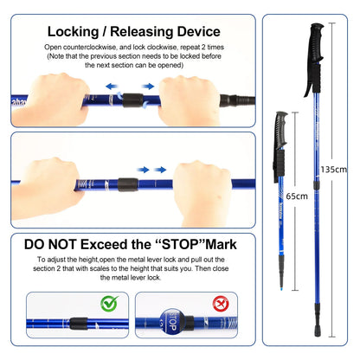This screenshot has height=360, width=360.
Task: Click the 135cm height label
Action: pyautogui.click(x=334, y=170)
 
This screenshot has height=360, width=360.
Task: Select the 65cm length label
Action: pyautogui.click(x=297, y=196)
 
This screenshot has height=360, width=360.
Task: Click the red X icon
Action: pyautogui.click(x=221, y=303)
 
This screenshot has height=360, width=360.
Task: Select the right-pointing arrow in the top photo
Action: pyautogui.click(x=148, y=87)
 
